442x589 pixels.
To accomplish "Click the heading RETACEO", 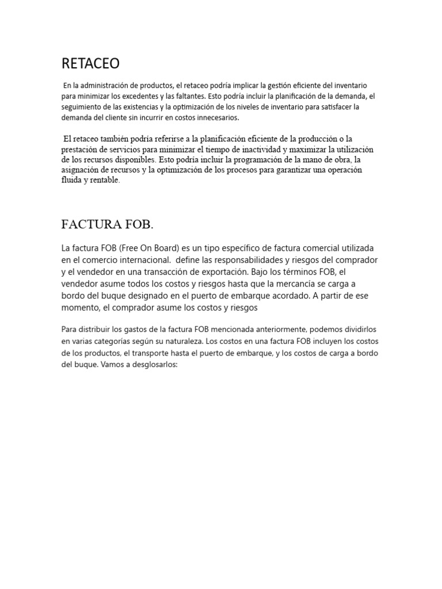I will click(90, 63).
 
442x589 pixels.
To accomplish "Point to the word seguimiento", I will click(85, 106).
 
